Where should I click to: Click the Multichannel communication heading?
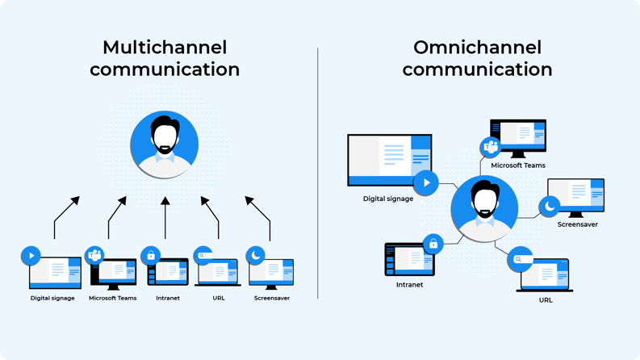point(165,58)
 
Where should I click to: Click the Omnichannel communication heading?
point(477,58)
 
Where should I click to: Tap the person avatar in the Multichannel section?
point(165,144)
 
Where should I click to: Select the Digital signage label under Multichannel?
point(52,298)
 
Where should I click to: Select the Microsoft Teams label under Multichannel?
point(112,298)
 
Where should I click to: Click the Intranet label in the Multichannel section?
point(168,298)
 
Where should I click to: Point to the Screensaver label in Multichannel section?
point(271,298)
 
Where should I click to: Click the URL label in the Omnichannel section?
point(546,300)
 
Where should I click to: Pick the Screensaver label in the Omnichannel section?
point(577,224)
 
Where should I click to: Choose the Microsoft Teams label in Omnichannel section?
point(518,165)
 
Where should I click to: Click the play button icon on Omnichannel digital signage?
point(426,182)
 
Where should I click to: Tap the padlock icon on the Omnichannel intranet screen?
point(433,243)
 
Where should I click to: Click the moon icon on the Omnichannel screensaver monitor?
point(550,207)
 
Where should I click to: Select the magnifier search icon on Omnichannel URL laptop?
point(521,259)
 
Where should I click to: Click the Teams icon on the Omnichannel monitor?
point(491,147)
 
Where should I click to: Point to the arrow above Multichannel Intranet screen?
point(165,218)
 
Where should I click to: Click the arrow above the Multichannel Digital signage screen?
point(66,216)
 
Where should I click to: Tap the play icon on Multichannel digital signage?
point(31,255)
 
